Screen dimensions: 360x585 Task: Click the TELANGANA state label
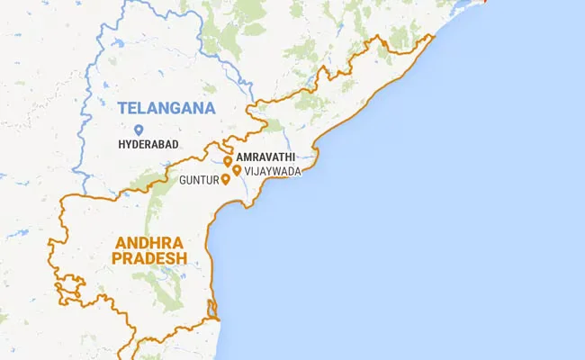[166, 109]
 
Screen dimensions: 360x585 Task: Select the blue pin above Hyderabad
[138, 130]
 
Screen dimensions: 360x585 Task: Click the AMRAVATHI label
[266, 157]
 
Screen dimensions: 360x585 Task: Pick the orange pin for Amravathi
[228, 161]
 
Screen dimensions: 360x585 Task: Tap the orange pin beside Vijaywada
[236, 170]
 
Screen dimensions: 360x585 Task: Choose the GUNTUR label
[199, 180]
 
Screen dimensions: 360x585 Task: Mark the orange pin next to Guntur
[225, 179]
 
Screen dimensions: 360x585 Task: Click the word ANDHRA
[148, 243]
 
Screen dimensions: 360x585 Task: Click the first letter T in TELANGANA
[122, 109]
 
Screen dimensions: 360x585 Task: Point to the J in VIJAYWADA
[254, 170]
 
